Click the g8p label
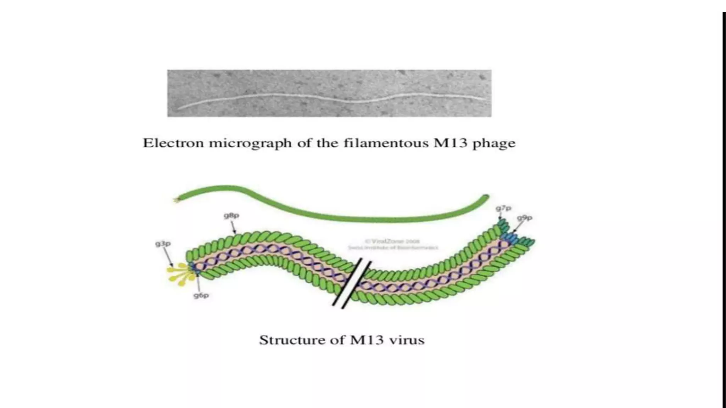(x=231, y=215)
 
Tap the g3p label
(x=163, y=244)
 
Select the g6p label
(x=201, y=295)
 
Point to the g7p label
(x=503, y=208)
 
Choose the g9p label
(x=525, y=218)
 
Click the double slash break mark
(x=352, y=283)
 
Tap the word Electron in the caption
(x=173, y=143)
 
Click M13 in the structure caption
(x=367, y=340)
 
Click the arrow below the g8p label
(x=233, y=227)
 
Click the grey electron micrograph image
(x=329, y=93)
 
